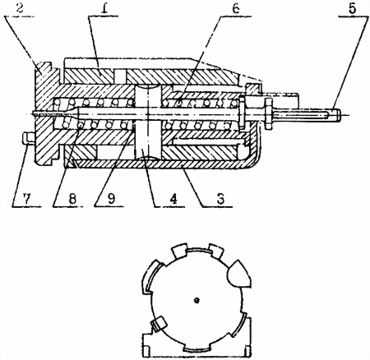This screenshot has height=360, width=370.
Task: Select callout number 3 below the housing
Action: pyautogui.click(x=220, y=199)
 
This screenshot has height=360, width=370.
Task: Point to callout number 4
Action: pyautogui.click(x=173, y=199)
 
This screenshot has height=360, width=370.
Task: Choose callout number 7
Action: pyautogui.click(x=26, y=199)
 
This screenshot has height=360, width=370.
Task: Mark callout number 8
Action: pyautogui.click(x=72, y=199)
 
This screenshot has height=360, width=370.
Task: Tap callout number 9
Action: pyautogui.click(x=111, y=199)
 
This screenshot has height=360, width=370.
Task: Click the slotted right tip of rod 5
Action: pyautogui.click(x=337, y=113)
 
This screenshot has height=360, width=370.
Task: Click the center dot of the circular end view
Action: pyautogui.click(x=197, y=301)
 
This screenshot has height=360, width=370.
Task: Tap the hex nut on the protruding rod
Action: pyautogui.click(x=268, y=113)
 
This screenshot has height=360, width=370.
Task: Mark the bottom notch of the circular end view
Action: pyautogui.click(x=197, y=348)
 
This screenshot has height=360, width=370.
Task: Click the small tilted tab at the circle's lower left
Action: pyautogui.click(x=159, y=323)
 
